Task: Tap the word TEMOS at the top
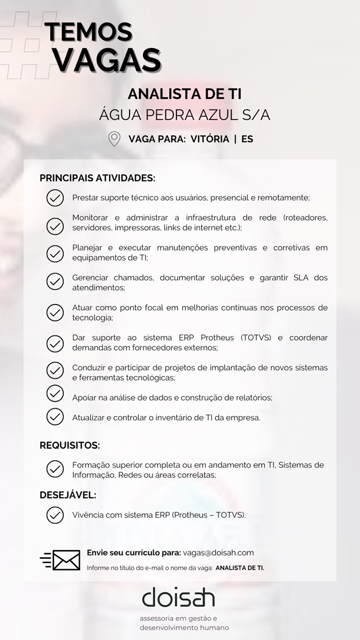click(88, 32)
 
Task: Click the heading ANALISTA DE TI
click(185, 94)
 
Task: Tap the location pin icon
click(114, 139)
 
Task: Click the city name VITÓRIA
click(210, 139)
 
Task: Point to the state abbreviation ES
click(247, 139)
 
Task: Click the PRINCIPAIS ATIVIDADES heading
click(97, 178)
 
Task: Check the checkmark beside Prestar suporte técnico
click(55, 198)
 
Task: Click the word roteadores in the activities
click(305, 218)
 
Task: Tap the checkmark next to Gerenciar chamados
click(55, 282)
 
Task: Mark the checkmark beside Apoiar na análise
click(55, 394)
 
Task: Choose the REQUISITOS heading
click(70, 446)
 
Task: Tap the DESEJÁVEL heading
click(68, 495)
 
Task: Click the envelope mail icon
click(61, 560)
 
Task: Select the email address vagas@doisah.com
click(218, 553)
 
